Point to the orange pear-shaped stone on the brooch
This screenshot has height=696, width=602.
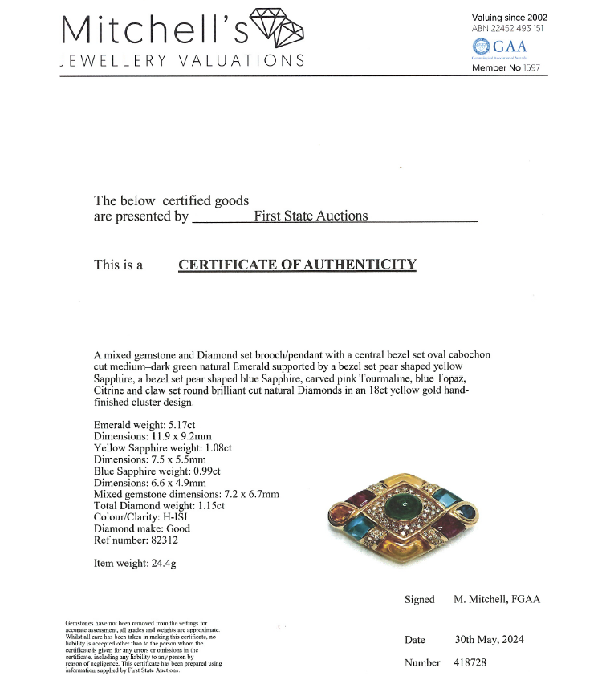coord(335,512)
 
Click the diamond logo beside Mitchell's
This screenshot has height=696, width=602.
coord(279,28)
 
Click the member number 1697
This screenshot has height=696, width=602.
coord(532,68)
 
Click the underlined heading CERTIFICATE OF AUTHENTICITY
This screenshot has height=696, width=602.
coord(297,265)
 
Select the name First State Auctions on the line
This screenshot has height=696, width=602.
coord(311,216)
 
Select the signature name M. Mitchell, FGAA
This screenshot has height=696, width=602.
coord(497,600)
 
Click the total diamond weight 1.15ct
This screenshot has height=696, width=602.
coord(205,505)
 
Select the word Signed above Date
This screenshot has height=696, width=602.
coord(420,600)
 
